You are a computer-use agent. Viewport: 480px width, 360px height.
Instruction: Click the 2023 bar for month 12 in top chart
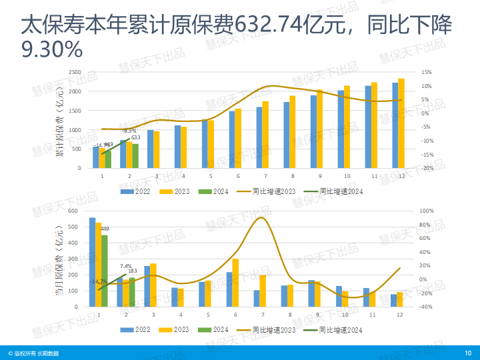coord(401,123)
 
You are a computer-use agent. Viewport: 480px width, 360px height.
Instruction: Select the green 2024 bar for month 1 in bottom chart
coord(105,271)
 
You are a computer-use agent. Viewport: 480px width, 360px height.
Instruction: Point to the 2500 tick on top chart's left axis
coord(75,72)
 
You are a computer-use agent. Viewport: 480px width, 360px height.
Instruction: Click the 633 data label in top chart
coord(135,137)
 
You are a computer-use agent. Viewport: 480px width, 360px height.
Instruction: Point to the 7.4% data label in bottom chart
coord(126,266)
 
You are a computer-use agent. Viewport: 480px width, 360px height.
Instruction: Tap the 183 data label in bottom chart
coord(132,271)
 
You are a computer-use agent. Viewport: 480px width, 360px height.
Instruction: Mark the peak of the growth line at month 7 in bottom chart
coord(262,217)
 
